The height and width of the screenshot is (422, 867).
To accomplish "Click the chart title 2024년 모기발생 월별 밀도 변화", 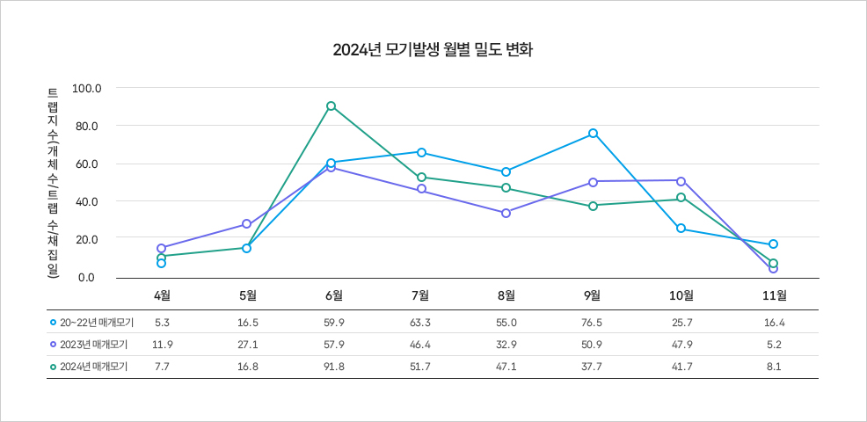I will click(433, 49).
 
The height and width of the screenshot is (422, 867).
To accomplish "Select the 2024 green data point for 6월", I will click(331, 106).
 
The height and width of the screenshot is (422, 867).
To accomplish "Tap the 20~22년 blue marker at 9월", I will click(594, 134).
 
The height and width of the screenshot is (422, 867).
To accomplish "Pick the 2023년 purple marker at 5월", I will click(247, 224).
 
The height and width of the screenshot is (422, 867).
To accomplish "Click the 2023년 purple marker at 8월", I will click(506, 213).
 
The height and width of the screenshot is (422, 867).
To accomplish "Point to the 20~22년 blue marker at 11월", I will click(773, 244).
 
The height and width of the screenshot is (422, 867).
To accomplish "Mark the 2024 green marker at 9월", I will click(594, 206).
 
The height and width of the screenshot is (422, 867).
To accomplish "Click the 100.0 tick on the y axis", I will click(88, 89).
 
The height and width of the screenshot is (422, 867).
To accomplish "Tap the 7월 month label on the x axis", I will click(421, 295).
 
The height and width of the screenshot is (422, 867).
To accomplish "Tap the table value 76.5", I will click(594, 323).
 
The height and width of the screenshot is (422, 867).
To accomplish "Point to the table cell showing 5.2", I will click(774, 345).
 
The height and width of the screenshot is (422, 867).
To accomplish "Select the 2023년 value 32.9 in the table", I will click(506, 345).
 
